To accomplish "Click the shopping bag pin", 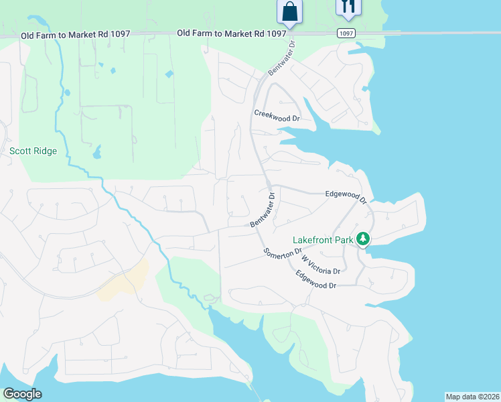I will pyautogui.click(x=290, y=11).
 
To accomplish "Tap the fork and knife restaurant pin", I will pyautogui.click(x=348, y=7).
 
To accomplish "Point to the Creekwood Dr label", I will pyautogui.click(x=276, y=115).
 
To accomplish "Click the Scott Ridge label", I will pyautogui.click(x=33, y=151).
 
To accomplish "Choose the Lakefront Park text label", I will pyautogui.click(x=323, y=241).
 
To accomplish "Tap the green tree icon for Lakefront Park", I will pyautogui.click(x=363, y=239).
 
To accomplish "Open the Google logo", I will pyautogui.click(x=22, y=394).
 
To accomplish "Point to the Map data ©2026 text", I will pyautogui.click(x=472, y=397).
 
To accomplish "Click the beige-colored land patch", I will pyautogui.click(x=125, y=281).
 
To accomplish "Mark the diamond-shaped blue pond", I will pyautogui.click(x=169, y=74).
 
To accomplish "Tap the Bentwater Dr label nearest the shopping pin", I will pyautogui.click(x=281, y=62).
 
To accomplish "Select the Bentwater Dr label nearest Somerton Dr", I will pyautogui.click(x=263, y=212).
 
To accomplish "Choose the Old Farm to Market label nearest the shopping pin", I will pyautogui.click(x=222, y=33).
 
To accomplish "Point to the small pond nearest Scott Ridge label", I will pyautogui.click(x=97, y=153).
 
